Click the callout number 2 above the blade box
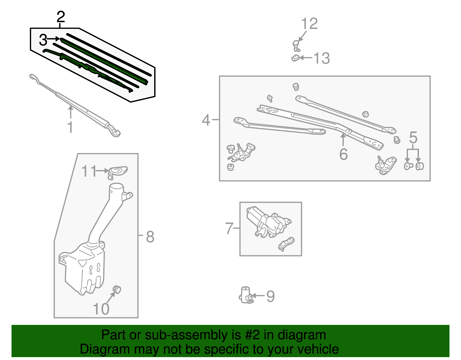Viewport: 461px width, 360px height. (61, 17)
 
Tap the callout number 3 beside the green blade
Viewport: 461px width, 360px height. (43, 40)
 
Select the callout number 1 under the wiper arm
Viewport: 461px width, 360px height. (70, 127)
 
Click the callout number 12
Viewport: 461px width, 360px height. (309, 24)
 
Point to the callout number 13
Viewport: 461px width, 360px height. (321, 58)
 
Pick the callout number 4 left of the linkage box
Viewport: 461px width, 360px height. (206, 120)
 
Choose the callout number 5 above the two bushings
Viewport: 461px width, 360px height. (413, 137)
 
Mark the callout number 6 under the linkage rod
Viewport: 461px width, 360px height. (343, 154)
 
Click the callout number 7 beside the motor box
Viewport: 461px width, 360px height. (229, 228)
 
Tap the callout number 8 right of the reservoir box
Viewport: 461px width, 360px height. (150, 237)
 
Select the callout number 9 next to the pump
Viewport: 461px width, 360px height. (270, 296)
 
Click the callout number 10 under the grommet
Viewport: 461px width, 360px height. (101, 309)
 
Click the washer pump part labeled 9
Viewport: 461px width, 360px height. (246, 295)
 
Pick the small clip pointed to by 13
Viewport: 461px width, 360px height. (295, 58)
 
